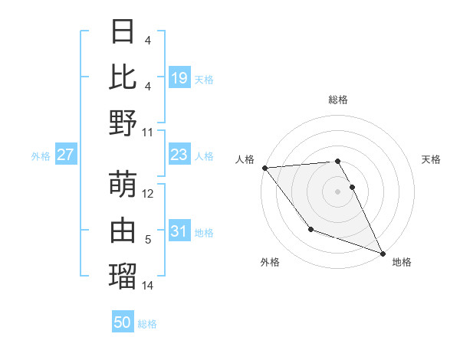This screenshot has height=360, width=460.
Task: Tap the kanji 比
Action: click(x=123, y=77)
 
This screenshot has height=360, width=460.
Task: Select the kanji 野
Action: click(x=123, y=123)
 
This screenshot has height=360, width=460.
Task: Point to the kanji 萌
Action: click(x=123, y=184)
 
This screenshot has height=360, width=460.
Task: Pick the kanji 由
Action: click(x=123, y=230)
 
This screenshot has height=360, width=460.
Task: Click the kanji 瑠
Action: click(x=123, y=276)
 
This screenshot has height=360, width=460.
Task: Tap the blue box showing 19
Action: click(x=179, y=78)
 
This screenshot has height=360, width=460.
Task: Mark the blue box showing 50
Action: click(x=123, y=322)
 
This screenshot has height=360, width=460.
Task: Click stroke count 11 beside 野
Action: click(x=149, y=133)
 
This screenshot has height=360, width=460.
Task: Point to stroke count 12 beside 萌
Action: click(x=149, y=194)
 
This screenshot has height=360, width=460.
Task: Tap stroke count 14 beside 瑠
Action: click(x=149, y=286)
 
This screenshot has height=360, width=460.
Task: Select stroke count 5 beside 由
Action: click(x=148, y=240)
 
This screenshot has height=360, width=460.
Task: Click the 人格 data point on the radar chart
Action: click(x=264, y=168)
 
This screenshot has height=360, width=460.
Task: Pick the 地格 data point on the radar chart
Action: click(x=383, y=253)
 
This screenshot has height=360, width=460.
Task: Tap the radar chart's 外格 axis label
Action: click(x=270, y=262)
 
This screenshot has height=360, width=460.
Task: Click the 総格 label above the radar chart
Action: click(x=337, y=100)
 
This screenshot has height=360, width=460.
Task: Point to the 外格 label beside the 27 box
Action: click(x=41, y=156)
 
